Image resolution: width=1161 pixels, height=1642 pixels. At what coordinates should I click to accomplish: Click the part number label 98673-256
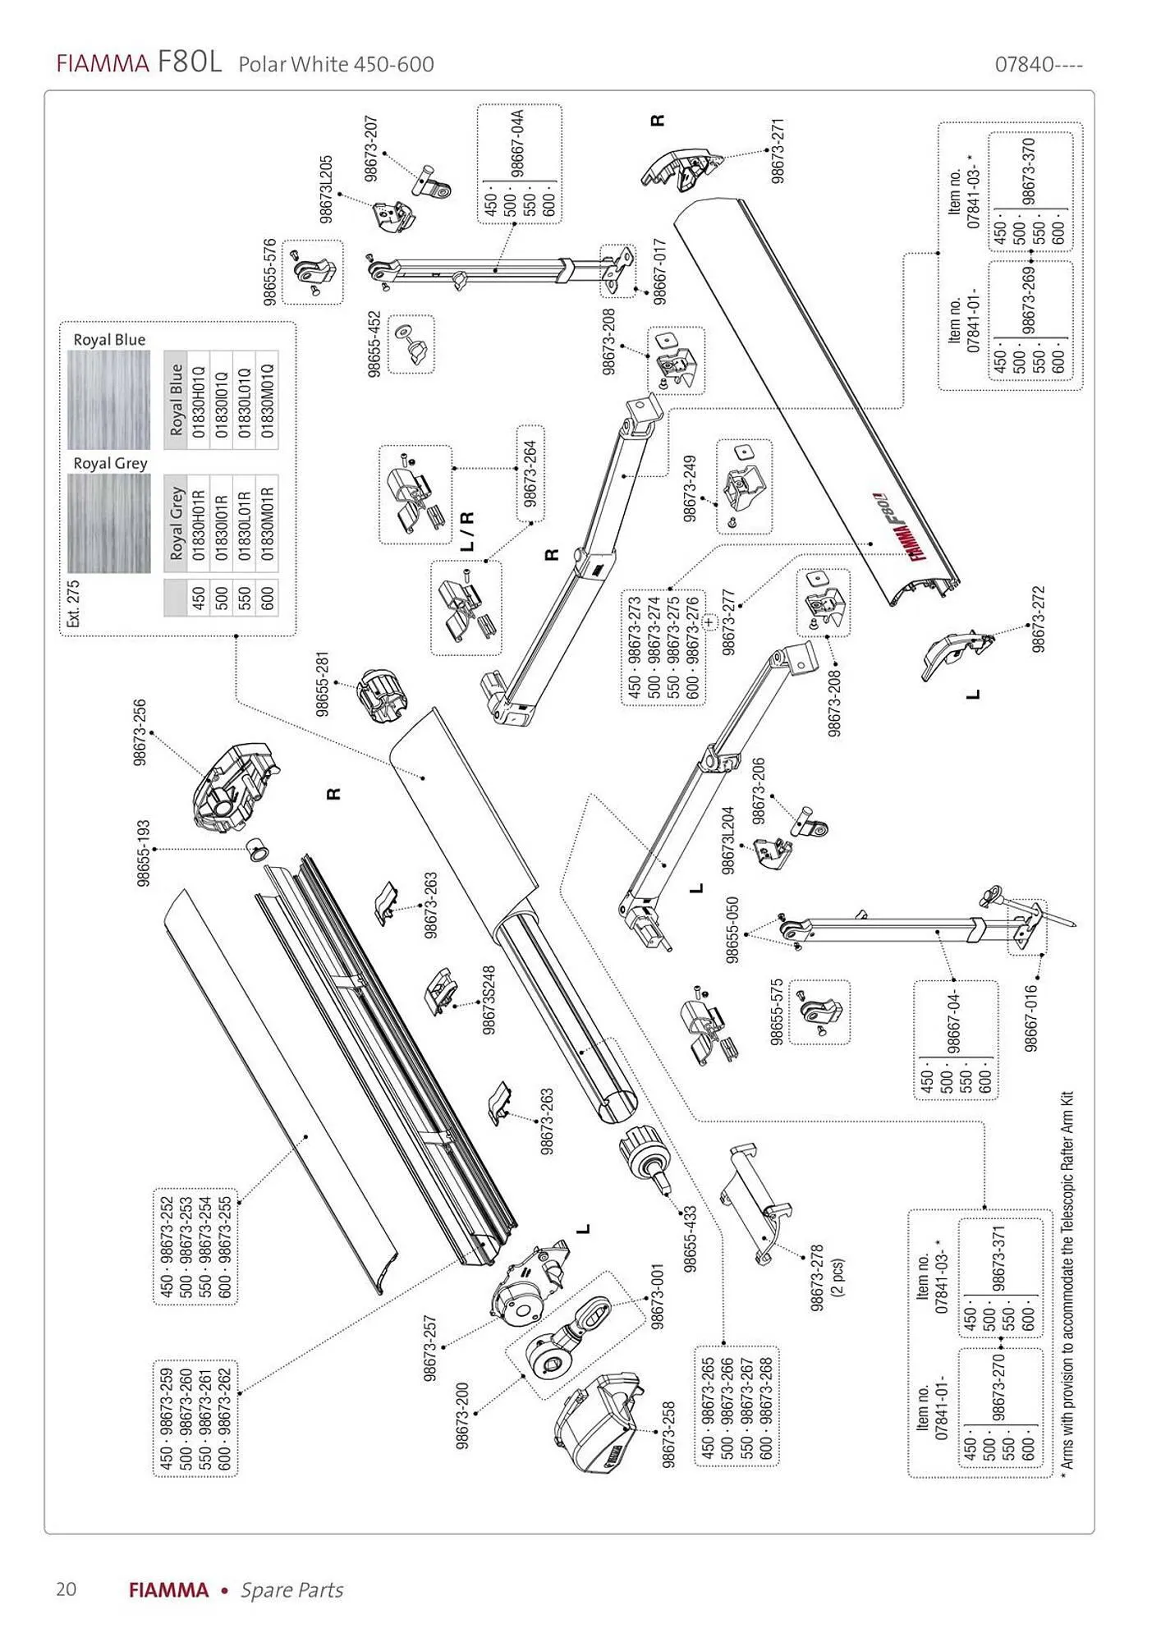[140, 733]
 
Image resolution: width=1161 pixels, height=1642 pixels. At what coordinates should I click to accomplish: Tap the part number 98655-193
[144, 853]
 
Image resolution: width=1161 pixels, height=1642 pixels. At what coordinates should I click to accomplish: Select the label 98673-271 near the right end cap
[778, 151]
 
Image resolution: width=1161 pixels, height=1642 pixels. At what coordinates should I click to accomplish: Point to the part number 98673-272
[1039, 619]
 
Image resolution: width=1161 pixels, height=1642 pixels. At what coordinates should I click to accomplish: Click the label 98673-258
[668, 1434]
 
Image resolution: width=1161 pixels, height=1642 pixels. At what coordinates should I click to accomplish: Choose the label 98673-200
[462, 1415]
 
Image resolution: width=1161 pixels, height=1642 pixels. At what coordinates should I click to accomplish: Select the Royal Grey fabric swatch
[108, 523]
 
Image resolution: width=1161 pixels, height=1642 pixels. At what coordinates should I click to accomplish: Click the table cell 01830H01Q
[199, 401]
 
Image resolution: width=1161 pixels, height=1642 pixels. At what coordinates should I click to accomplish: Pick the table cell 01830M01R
[267, 524]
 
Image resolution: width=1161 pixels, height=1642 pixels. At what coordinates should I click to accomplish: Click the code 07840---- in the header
[1039, 65]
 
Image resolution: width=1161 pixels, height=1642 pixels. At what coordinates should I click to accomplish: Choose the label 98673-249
[690, 488]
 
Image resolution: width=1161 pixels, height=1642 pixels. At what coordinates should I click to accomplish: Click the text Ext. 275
[73, 603]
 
